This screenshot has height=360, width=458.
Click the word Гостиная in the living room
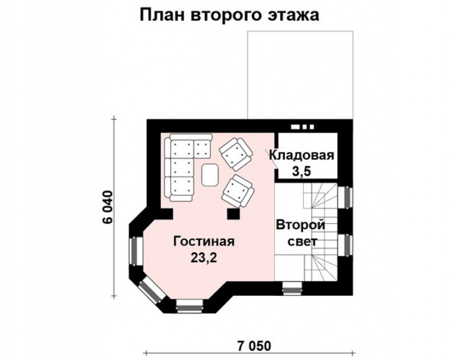click(204, 242)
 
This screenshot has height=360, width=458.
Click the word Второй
click(300, 225)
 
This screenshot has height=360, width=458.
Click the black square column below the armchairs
click(233, 213)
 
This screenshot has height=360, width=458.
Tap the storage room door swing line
click(271, 155)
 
